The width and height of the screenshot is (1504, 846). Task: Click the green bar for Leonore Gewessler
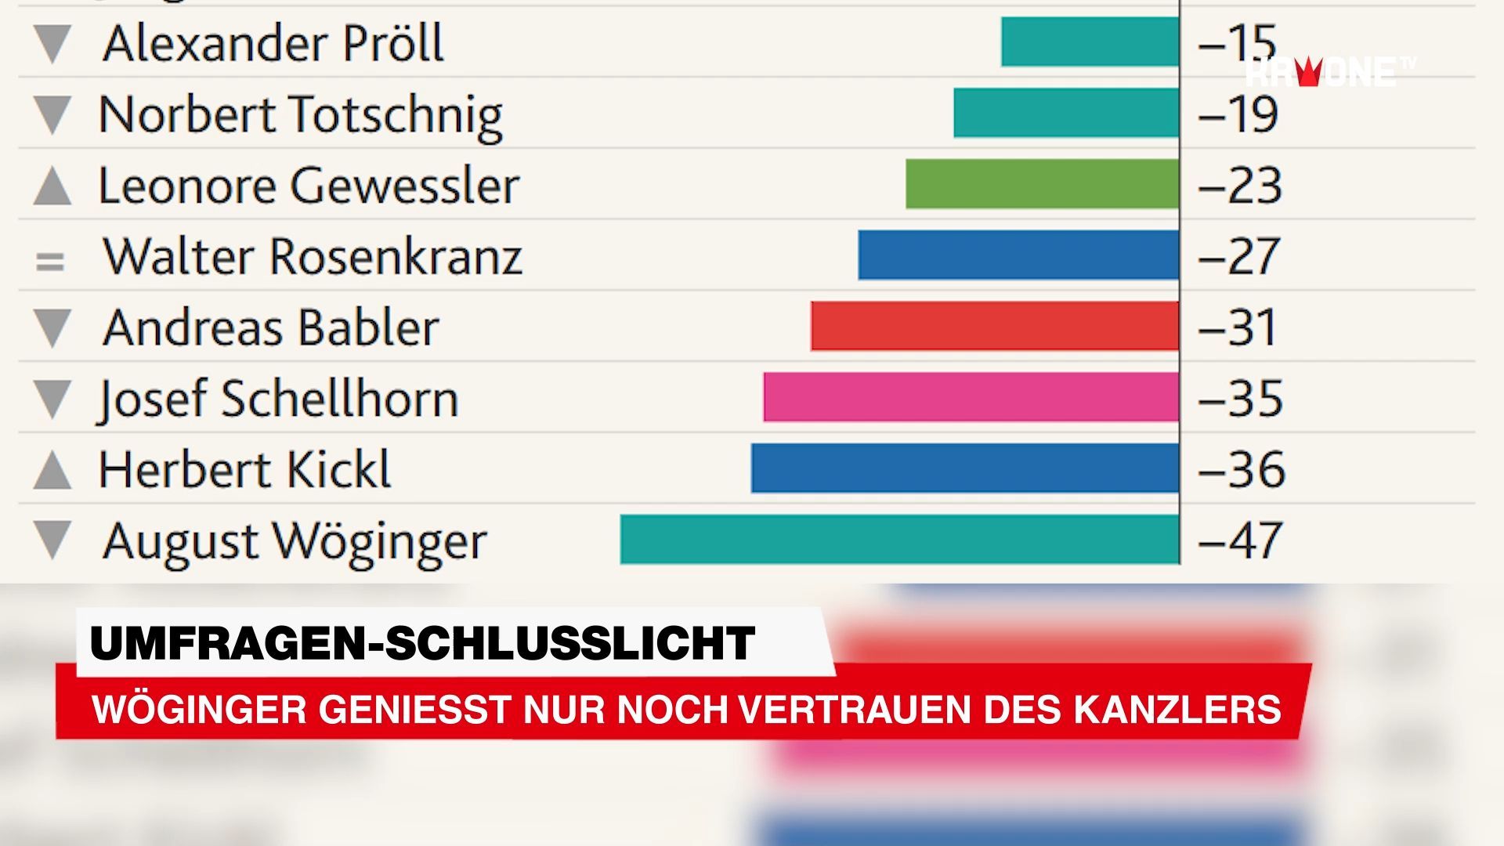point(1042,184)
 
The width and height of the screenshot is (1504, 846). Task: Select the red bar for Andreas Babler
point(994,326)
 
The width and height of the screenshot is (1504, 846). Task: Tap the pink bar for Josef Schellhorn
point(971,397)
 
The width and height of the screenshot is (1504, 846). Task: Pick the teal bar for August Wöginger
point(899,539)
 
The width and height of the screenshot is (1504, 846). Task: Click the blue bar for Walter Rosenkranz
point(1018,255)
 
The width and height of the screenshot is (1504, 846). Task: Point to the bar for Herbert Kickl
point(964,468)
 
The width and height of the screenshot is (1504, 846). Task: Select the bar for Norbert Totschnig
point(1066,113)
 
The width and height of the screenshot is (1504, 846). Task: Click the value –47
point(1240,540)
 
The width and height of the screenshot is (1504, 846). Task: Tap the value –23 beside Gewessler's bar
point(1240,186)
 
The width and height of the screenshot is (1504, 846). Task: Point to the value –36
point(1242,469)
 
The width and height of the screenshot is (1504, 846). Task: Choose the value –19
point(1238,114)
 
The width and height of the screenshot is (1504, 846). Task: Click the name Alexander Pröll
point(273,43)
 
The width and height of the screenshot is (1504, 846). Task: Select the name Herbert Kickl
point(244,469)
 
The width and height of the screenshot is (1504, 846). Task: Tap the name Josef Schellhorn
point(278,399)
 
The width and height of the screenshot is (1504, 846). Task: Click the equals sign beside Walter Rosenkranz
point(50,261)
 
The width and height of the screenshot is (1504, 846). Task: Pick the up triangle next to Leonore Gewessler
point(52,189)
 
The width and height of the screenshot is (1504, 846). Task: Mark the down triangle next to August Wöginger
point(52,540)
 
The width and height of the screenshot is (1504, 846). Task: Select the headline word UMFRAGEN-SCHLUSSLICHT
point(423,644)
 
